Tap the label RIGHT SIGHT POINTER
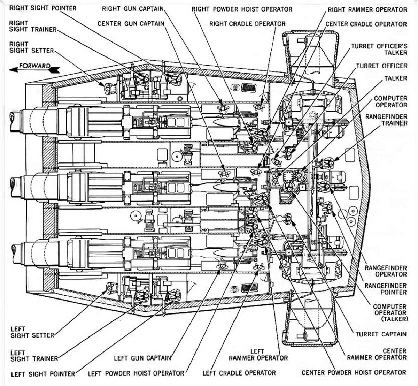coord(42,8)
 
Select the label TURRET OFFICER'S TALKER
coord(379,49)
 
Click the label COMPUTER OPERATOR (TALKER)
coord(389,312)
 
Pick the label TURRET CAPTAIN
coord(381,334)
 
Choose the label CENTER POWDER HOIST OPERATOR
coord(354,372)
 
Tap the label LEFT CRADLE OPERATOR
coord(239,373)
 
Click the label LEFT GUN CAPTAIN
coord(142,358)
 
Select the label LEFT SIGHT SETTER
coord(32,332)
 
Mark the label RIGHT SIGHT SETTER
coord(31,47)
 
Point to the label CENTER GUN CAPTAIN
coord(131,24)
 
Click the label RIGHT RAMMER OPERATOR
coord(367,9)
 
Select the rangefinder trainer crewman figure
coord(326,162)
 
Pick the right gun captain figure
coord(222,108)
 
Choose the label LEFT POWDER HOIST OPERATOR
coord(136,373)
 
